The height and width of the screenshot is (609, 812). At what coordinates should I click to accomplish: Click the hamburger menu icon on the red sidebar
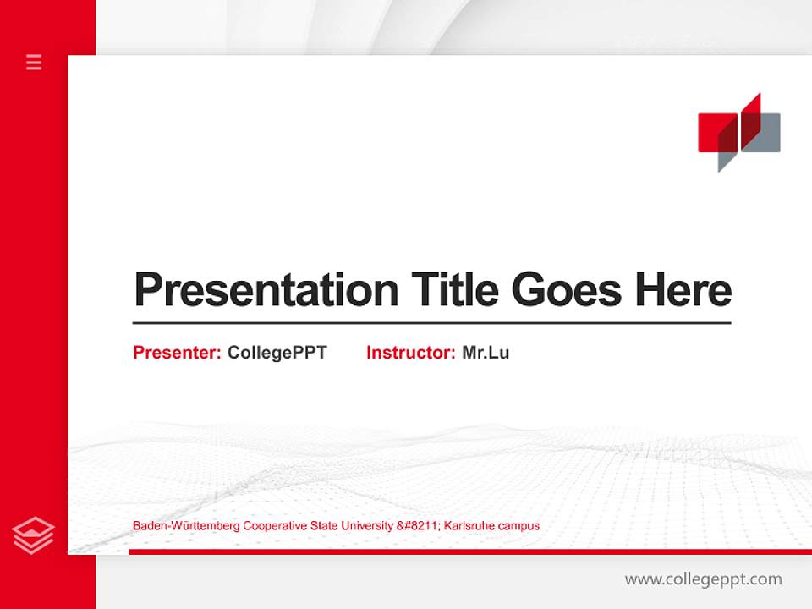pos(34,62)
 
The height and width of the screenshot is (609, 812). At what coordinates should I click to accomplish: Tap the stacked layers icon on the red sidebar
pos(34,535)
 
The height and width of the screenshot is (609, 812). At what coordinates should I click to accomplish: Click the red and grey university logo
pos(738,132)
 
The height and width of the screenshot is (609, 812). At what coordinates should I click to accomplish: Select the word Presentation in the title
pos(266,290)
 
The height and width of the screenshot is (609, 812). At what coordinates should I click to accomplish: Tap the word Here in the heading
pos(683,289)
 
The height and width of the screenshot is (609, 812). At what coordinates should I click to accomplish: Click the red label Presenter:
pos(177,353)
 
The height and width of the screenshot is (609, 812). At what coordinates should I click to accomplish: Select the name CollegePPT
pos(277,353)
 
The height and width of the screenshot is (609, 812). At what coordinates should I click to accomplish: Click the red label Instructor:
pos(410,353)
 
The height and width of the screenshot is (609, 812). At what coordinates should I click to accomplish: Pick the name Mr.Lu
pos(486,353)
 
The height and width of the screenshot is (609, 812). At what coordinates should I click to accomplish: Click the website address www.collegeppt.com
pos(703,579)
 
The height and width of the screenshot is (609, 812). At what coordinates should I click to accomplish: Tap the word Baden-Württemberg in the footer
pos(186,526)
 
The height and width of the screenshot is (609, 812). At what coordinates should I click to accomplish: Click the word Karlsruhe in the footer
pos(468,526)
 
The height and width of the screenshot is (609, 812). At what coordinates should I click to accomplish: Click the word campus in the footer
pos(518,526)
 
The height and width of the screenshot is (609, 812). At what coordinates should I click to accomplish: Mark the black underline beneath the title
pos(431,323)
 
